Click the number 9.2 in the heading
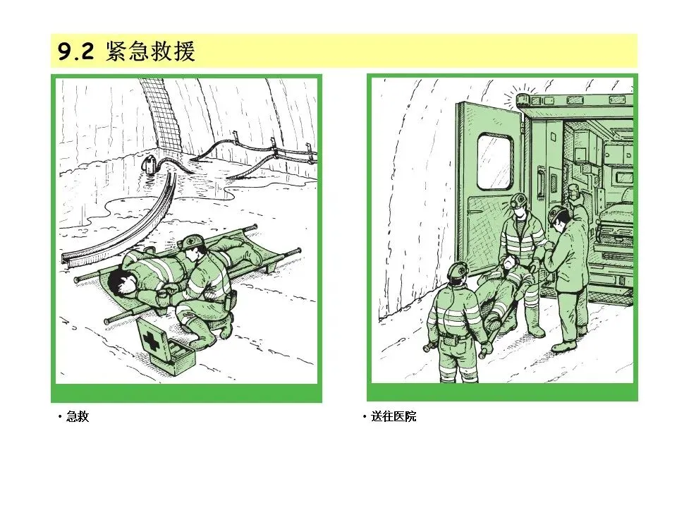[x=75, y=52]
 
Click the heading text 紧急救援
[x=150, y=52]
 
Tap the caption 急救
[x=78, y=416]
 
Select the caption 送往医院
[x=394, y=416]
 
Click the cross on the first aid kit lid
[x=150, y=341]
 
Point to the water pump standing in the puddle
[x=150, y=165]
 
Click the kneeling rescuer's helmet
[x=192, y=242]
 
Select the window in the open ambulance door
[x=495, y=162]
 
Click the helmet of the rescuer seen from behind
[x=457, y=270]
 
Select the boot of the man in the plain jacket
[x=565, y=345]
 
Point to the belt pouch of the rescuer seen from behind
[x=446, y=340]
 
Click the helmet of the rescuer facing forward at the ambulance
[x=518, y=200]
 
